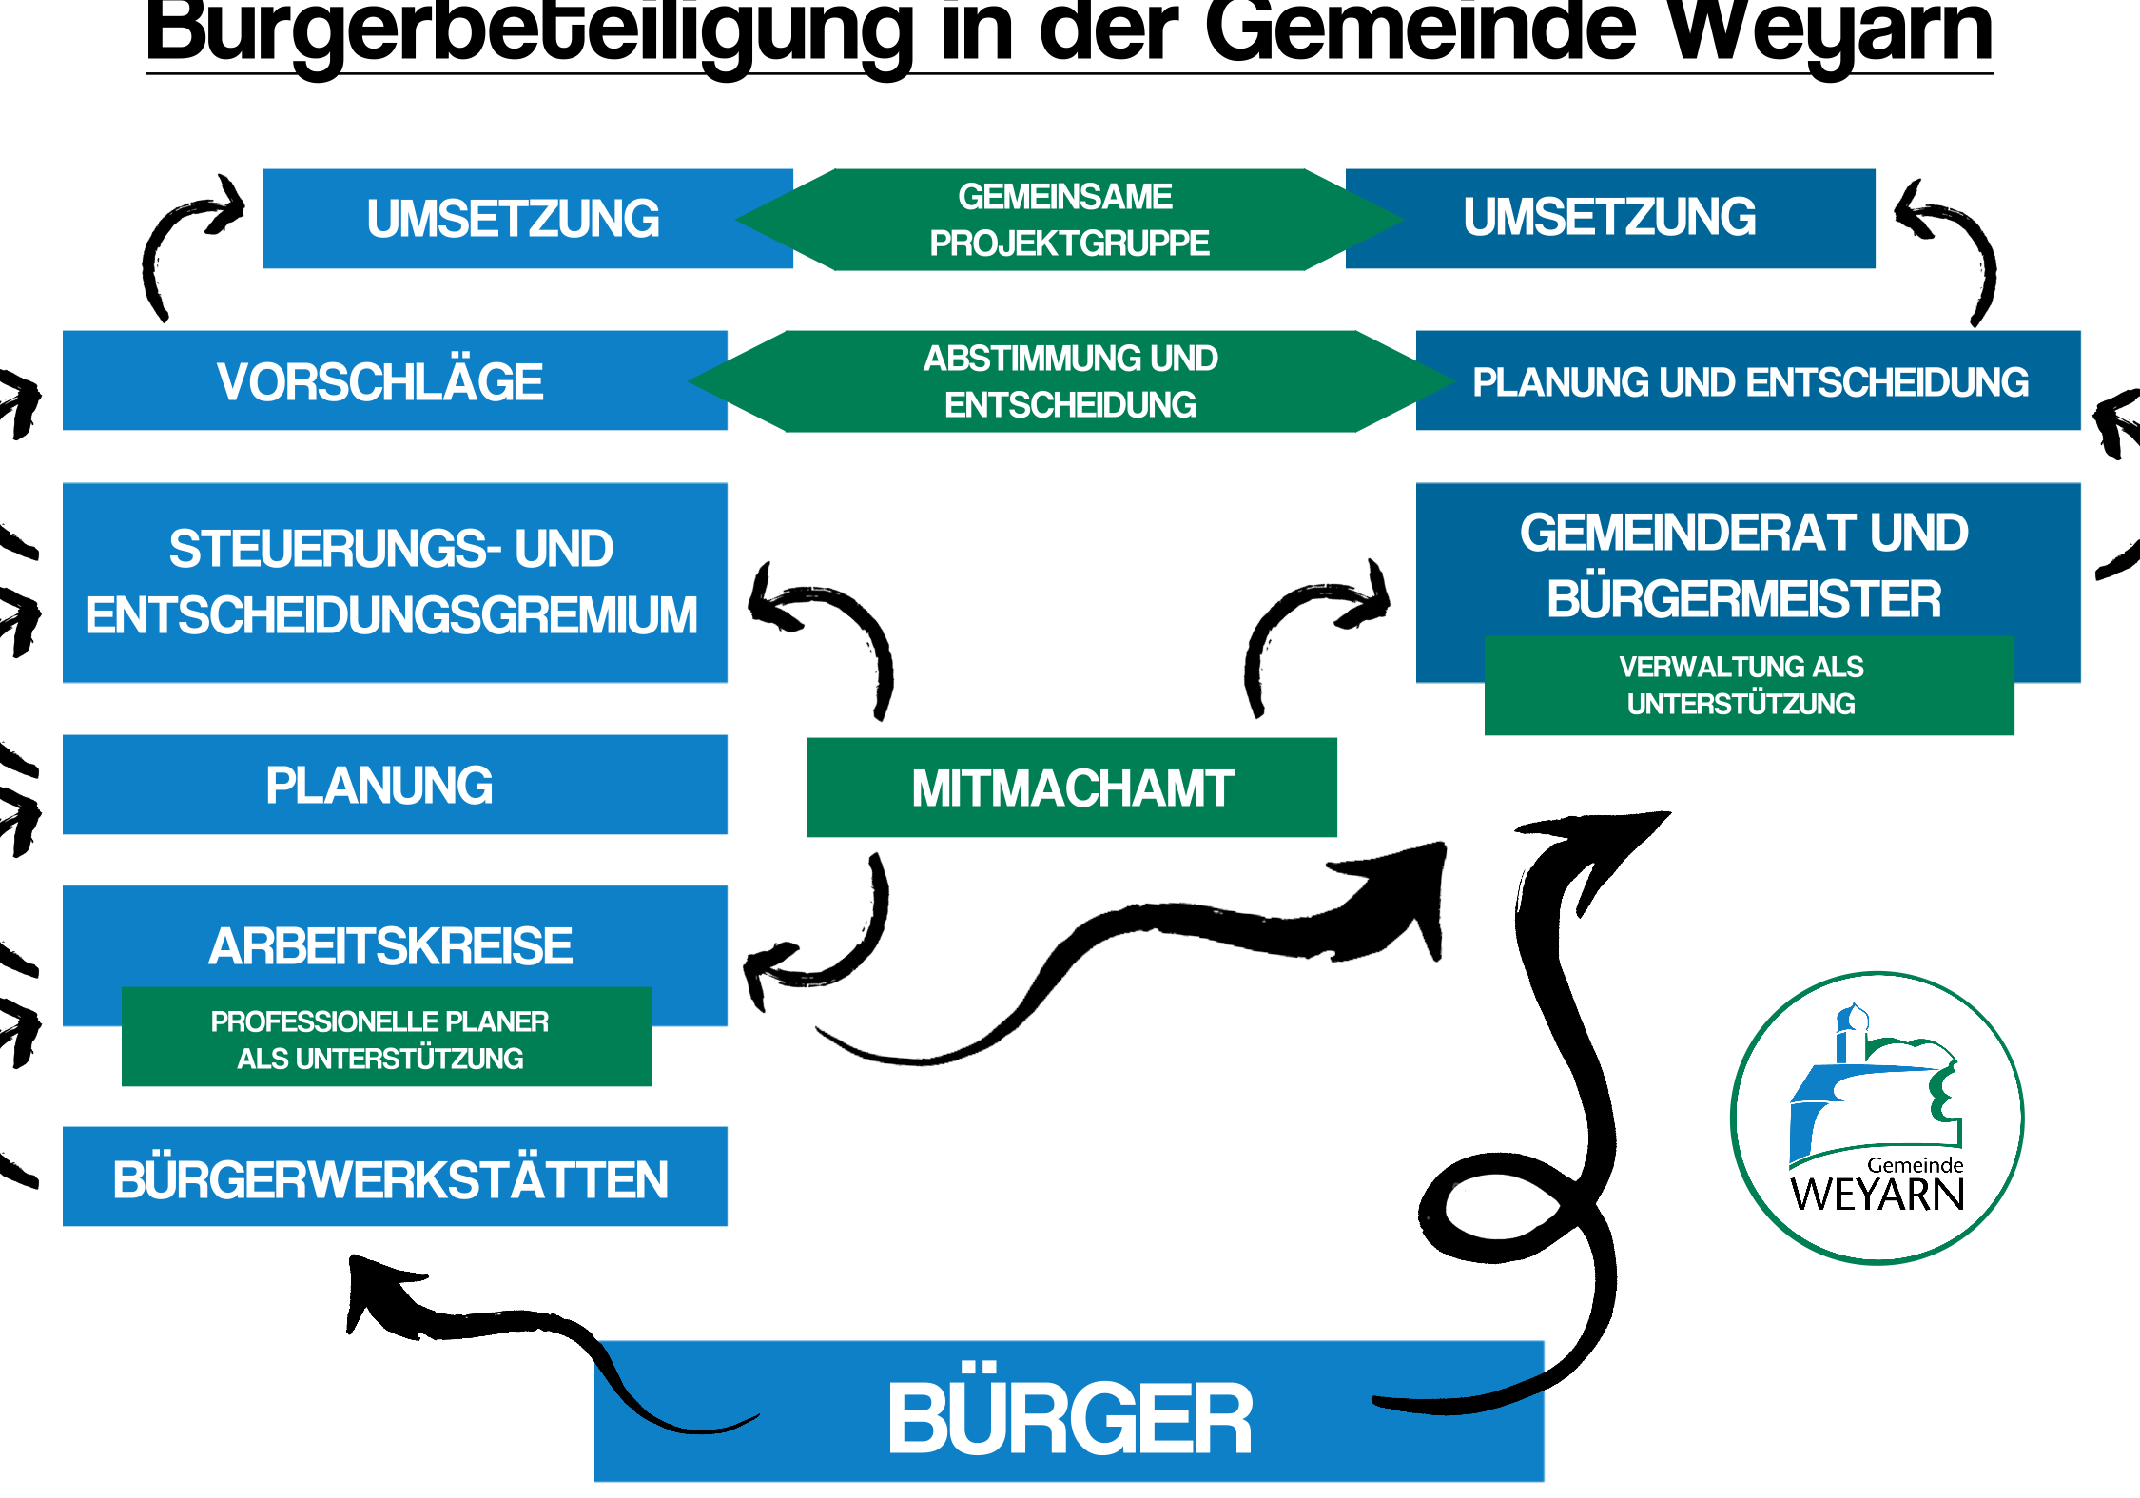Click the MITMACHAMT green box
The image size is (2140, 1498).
coord(1072,788)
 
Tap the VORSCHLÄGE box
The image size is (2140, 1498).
coord(380,381)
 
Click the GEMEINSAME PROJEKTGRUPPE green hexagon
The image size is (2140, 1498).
coord(1068,220)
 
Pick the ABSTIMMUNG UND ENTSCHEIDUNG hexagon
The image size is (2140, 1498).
coord(1070,381)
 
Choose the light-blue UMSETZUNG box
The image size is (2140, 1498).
coord(514,219)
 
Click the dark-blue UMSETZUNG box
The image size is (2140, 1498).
coord(1609,218)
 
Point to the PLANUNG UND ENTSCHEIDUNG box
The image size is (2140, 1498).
coord(1749,381)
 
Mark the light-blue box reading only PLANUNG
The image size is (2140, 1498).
coord(380,786)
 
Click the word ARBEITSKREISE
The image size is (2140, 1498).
coord(391,945)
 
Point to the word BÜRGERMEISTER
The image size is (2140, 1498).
coord(1743,599)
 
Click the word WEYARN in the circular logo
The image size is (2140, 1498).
coord(1877,1195)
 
